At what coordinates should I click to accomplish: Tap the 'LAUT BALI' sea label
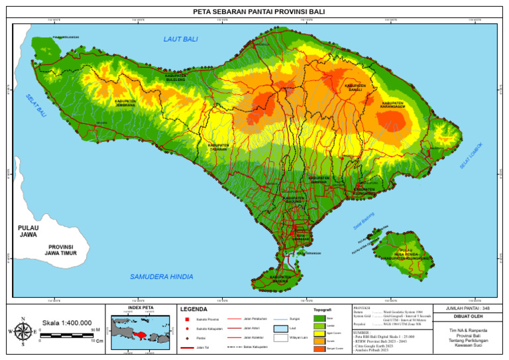point(180,40)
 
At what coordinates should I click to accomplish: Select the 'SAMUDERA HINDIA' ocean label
point(161,276)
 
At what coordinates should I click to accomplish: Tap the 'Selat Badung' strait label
point(363,221)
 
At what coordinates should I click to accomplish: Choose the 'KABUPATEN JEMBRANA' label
point(125,103)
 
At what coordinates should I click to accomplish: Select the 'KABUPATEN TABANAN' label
point(218,147)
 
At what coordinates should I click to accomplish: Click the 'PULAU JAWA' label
point(28,231)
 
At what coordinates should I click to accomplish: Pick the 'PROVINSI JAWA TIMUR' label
point(59,250)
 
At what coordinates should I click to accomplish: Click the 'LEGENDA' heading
point(194,309)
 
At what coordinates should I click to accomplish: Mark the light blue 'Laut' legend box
point(279,328)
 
